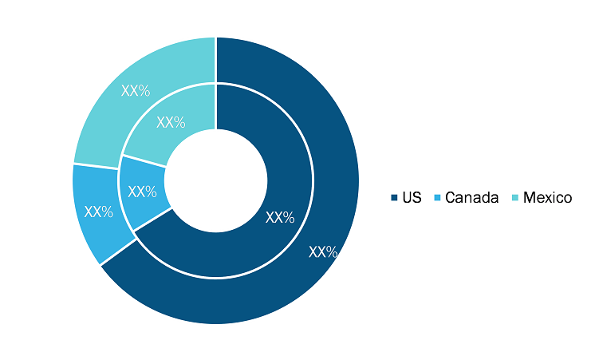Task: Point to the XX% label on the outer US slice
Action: pyautogui.click(x=323, y=252)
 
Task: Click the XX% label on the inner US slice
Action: pyautogui.click(x=280, y=217)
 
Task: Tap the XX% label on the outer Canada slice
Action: pyautogui.click(x=99, y=212)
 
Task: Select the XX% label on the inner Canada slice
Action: pyautogui.click(x=142, y=192)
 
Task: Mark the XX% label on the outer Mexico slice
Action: pyautogui.click(x=136, y=90)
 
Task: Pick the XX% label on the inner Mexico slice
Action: pyautogui.click(x=171, y=122)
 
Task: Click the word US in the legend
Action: pyautogui.click(x=412, y=198)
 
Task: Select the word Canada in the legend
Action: pyautogui.click(x=472, y=198)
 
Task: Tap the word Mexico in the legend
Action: pyautogui.click(x=547, y=198)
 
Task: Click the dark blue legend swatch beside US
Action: pyautogui.click(x=394, y=198)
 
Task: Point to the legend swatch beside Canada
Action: pyautogui.click(x=437, y=198)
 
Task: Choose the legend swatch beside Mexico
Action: pyautogui.click(x=515, y=198)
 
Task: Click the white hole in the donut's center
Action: pyautogui.click(x=216, y=180)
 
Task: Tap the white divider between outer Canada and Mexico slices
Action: pyautogui.click(x=96, y=166)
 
